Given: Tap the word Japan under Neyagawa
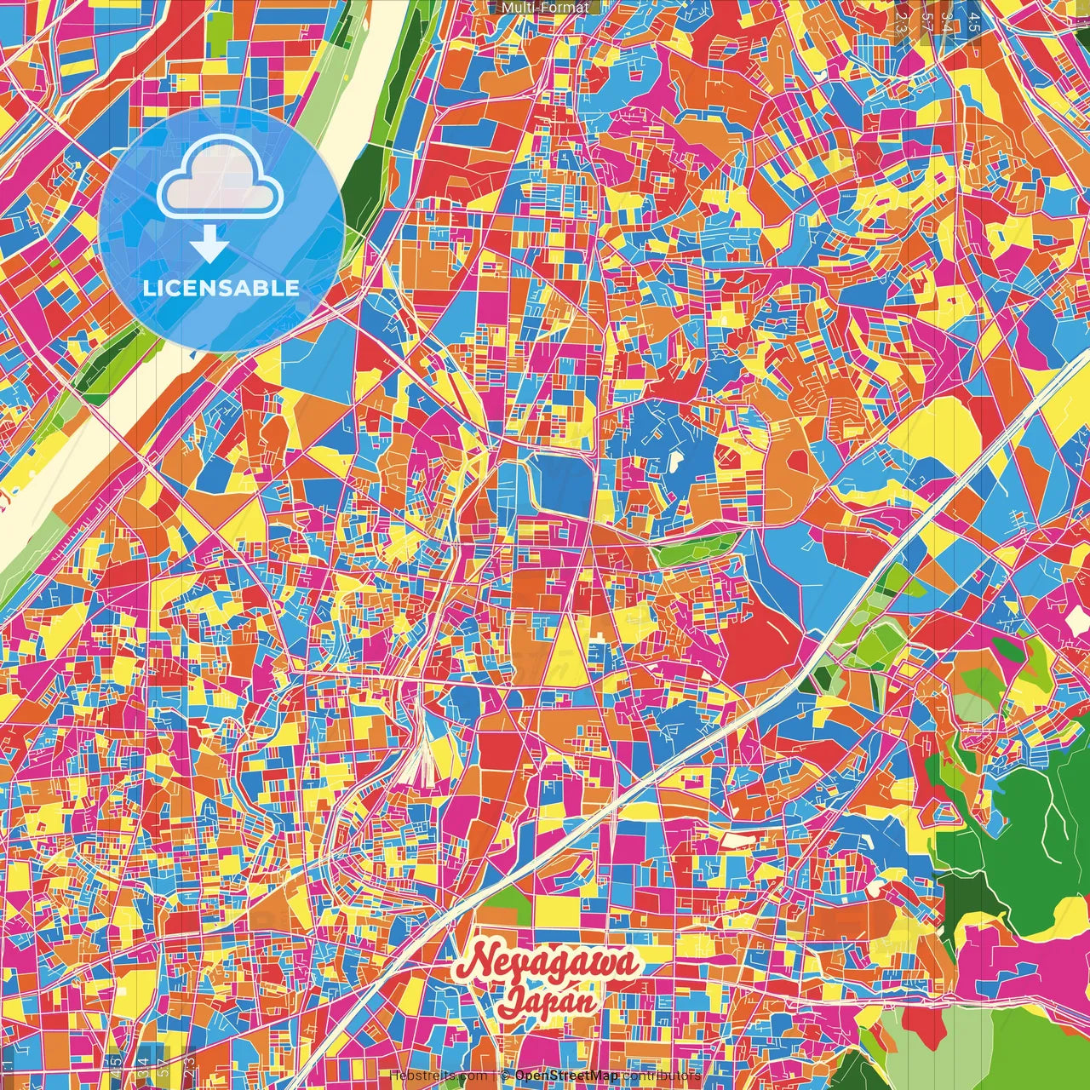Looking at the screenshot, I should pyautogui.click(x=547, y=1000).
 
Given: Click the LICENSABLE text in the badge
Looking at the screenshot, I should pyautogui.click(x=221, y=288).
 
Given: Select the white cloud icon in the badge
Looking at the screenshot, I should pyautogui.click(x=220, y=176).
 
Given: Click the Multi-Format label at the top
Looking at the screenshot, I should pyautogui.click(x=545, y=8).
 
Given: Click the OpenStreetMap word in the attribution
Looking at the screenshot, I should pyautogui.click(x=566, y=1076).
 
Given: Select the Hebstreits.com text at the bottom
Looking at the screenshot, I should pyautogui.click(x=439, y=1076).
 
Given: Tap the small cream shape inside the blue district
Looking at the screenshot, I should pyautogui.click(x=676, y=462).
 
